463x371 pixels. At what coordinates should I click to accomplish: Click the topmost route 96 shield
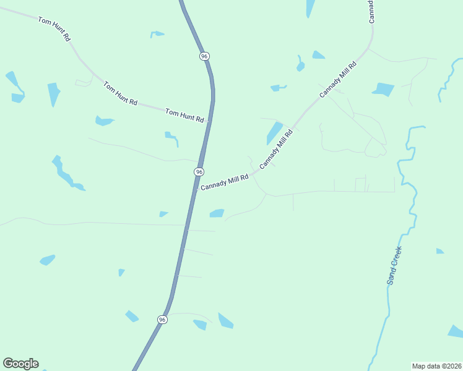(204, 56)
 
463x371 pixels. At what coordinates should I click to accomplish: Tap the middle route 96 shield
(199, 171)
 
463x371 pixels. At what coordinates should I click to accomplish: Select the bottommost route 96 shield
(162, 319)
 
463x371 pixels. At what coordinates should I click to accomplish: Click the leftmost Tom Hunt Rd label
(54, 29)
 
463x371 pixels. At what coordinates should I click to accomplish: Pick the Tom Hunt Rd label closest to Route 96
(184, 115)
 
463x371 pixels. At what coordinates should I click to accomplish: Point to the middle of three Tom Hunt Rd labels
(120, 93)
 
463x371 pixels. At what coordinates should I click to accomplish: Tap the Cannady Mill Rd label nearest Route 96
(224, 182)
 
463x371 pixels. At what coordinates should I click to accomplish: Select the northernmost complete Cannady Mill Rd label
(338, 79)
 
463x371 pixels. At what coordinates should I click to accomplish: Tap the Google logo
(20, 364)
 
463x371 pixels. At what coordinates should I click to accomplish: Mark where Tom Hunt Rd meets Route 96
(209, 122)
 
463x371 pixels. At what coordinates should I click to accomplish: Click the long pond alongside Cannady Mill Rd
(274, 133)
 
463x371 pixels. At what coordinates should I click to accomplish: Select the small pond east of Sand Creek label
(439, 251)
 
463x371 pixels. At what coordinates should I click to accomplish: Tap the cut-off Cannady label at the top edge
(371, 12)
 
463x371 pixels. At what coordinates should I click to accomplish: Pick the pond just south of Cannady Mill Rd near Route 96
(217, 213)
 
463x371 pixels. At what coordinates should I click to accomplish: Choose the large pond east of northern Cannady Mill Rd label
(384, 89)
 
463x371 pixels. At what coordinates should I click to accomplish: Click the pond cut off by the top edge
(309, 7)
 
